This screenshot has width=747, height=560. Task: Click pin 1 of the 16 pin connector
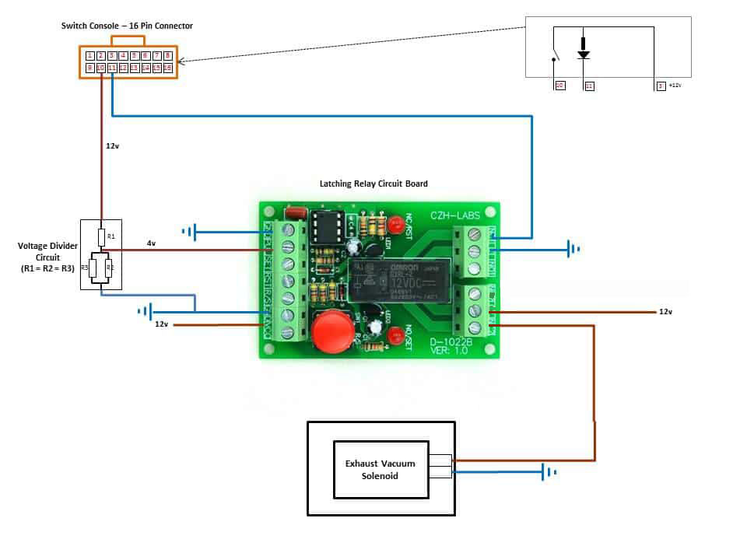click(x=90, y=56)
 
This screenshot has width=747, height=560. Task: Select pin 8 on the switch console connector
click(x=168, y=56)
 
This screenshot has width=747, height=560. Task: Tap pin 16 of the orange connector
click(x=168, y=68)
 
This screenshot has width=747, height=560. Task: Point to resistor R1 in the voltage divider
click(x=101, y=236)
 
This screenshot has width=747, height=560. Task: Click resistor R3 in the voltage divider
click(x=92, y=268)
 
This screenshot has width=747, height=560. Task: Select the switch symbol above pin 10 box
click(x=553, y=57)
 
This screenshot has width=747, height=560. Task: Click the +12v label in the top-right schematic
click(x=674, y=86)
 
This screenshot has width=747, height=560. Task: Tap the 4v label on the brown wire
click(x=151, y=243)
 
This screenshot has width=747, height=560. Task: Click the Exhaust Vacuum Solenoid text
click(x=381, y=469)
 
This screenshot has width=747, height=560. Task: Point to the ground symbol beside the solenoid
click(x=550, y=471)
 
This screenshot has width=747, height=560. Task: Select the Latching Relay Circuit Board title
click(x=373, y=184)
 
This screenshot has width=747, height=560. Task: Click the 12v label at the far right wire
click(x=665, y=311)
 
